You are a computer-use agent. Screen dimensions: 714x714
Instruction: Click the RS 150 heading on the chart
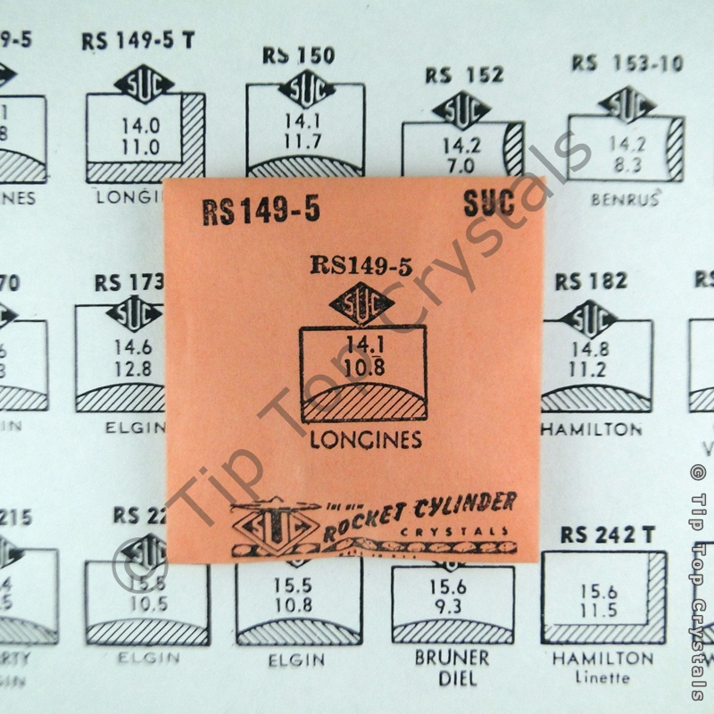point(298,55)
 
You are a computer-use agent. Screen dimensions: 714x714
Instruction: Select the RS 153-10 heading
point(627,63)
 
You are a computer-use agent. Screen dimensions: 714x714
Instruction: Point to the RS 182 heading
point(591,281)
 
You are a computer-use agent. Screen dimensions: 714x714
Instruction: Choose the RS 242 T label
point(608,535)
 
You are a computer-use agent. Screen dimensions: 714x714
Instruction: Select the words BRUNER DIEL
point(452,668)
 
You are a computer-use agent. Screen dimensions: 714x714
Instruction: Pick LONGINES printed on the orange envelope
point(365,441)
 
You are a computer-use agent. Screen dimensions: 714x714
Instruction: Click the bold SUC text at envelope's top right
point(488,206)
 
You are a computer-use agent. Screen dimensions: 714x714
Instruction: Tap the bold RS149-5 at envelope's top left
point(261,212)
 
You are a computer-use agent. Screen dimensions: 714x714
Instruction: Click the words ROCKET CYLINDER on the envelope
point(419,516)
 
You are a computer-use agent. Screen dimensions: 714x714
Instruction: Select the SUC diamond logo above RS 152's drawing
point(461,109)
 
